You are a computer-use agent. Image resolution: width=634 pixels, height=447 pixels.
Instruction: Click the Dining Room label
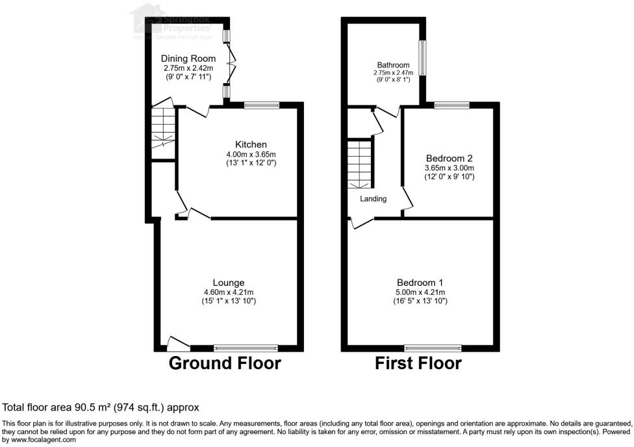(188, 58)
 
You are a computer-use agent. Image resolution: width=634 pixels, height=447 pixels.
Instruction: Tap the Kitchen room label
(251, 144)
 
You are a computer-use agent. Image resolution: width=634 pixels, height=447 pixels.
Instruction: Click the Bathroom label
(393, 65)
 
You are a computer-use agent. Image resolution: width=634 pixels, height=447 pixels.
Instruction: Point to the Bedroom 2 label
(449, 158)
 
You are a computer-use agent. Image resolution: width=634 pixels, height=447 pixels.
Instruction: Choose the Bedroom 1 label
(420, 283)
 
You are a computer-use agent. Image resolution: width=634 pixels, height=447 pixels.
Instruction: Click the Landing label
(374, 199)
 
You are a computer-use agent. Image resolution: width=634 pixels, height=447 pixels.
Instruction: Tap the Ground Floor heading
(225, 363)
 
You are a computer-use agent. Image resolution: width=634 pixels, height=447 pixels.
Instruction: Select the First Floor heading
(418, 363)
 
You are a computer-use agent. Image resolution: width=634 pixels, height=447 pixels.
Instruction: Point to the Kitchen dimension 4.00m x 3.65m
(251, 154)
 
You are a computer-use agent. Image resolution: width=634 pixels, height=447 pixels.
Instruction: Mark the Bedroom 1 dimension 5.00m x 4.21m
(420, 292)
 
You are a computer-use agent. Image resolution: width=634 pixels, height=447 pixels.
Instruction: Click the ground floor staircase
(164, 128)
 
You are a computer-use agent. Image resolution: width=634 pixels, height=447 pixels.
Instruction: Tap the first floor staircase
(359, 164)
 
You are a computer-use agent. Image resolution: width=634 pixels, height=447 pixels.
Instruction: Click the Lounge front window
(246, 348)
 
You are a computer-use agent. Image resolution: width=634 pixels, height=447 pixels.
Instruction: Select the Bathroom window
(423, 58)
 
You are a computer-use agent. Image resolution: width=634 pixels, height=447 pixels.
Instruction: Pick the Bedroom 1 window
(429, 348)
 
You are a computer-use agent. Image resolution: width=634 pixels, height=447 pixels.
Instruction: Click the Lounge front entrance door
(177, 343)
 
